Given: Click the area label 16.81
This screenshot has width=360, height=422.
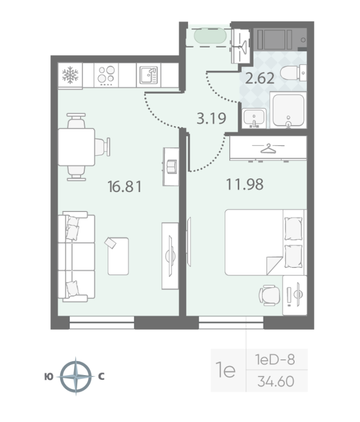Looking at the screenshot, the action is [124, 187].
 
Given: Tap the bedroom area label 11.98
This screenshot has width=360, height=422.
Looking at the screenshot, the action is [245, 184].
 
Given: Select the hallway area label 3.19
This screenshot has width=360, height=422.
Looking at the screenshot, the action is [211, 118].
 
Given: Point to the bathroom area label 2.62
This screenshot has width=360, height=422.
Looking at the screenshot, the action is [259, 78].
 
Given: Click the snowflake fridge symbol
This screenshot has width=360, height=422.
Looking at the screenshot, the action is [70, 75].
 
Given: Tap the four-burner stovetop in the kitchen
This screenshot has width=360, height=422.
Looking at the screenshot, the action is [106, 75].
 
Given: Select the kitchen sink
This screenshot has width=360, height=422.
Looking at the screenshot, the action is [149, 75].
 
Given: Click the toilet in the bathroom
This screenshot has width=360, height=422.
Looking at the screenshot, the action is [293, 73].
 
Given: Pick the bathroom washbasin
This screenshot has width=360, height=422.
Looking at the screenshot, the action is [254, 118].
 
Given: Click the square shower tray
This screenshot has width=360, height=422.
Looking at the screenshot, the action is [288, 110].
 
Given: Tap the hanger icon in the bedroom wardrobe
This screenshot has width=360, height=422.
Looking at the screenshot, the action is [268, 148].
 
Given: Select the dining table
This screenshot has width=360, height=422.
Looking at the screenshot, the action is [76, 147].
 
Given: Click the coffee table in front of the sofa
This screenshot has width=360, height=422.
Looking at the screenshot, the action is [118, 256].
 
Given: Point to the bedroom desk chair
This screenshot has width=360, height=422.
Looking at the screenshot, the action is [269, 295].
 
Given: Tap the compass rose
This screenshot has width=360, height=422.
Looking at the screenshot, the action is [76, 376].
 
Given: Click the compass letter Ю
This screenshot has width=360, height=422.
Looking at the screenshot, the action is [48, 377].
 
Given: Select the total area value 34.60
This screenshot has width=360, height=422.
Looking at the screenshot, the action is [276, 381].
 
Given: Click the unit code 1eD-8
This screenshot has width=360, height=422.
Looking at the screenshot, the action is [275, 360].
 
